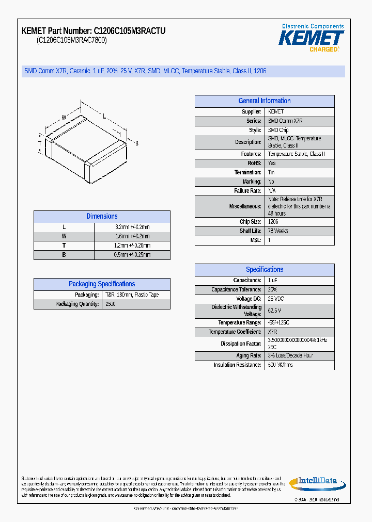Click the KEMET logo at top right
coord(311,38)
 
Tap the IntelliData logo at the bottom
coord(317,482)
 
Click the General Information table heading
coord(264,101)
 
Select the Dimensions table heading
coord(102,217)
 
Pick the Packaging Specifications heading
coord(102,284)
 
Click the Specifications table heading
coord(264,270)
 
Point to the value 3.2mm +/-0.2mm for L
coord(132,227)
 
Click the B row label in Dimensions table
coord(64,255)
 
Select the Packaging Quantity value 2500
coord(110,304)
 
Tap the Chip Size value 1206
coord(273,222)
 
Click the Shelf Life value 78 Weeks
coord(278,231)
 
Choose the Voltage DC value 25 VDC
coord(276,299)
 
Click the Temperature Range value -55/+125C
coord(278,323)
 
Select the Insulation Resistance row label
coord(237,365)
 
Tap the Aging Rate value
coord(290,356)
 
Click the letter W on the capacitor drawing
coord(64,118)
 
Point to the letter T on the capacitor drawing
coord(40,142)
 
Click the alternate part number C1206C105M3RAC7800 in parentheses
coord(71,40)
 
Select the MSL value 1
coord(269,240)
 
